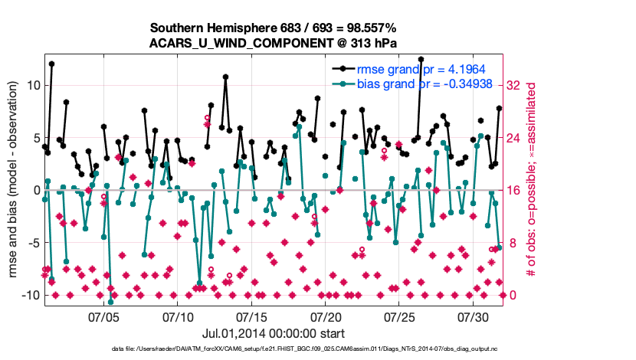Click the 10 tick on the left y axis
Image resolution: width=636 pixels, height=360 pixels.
[31, 85]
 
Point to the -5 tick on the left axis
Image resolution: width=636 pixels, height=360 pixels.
[31, 243]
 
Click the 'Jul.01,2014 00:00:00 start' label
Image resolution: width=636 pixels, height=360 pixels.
[273, 333]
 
